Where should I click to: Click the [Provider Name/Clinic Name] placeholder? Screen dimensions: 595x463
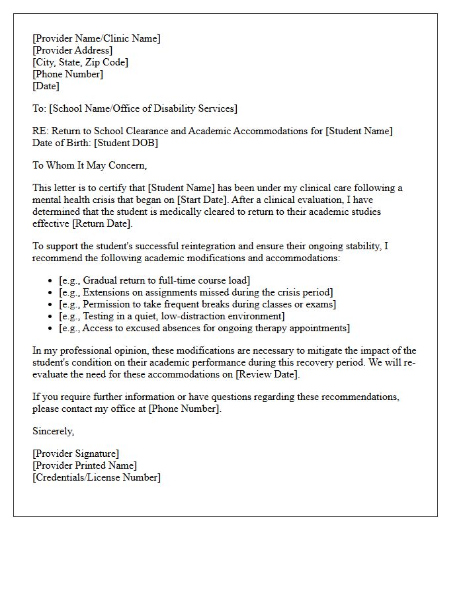(96, 38)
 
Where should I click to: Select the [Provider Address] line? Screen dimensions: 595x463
(72, 50)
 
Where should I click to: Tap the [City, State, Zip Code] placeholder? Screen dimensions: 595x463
(80, 62)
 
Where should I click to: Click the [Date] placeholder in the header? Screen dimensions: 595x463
(46, 86)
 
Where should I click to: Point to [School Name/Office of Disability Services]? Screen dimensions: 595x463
(143, 108)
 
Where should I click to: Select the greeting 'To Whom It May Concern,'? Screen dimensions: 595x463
(89, 165)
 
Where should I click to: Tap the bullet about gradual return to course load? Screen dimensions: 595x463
(154, 280)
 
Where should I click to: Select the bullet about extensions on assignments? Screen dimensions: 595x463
(196, 292)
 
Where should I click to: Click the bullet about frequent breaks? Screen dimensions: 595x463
(197, 304)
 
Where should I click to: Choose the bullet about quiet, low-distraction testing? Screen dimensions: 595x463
(172, 316)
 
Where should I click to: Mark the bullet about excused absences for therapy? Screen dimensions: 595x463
(204, 328)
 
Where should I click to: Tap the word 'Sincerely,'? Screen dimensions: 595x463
(54, 431)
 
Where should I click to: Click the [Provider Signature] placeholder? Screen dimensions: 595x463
(75, 454)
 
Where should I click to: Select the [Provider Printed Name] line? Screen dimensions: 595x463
(84, 465)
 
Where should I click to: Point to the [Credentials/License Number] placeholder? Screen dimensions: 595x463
(96, 477)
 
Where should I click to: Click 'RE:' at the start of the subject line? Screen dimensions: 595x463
(40, 131)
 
